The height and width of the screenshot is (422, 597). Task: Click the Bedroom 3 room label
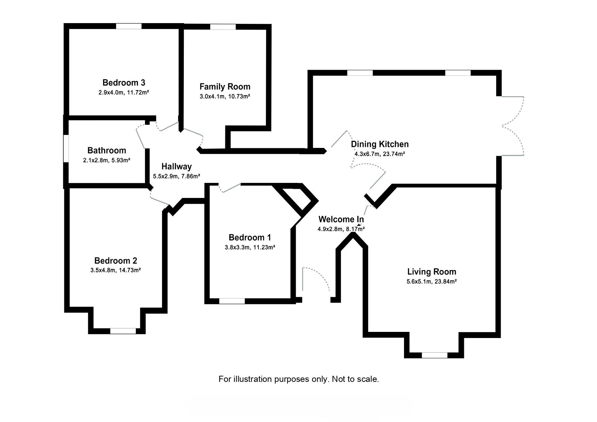(x=124, y=83)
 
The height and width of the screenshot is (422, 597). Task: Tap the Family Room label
(x=225, y=87)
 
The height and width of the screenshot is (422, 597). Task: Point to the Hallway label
(x=176, y=167)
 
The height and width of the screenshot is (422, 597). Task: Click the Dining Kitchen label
(x=380, y=144)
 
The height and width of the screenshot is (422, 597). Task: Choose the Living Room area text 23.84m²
(x=446, y=282)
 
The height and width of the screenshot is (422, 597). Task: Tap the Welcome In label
(x=341, y=219)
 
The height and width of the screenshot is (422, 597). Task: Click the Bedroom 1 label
(x=249, y=237)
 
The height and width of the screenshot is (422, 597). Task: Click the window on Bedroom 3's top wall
(x=129, y=26)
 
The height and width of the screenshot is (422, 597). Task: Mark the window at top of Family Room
(x=223, y=27)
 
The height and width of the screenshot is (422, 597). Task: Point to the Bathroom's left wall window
(x=66, y=148)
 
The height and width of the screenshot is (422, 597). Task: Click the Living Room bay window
(x=434, y=355)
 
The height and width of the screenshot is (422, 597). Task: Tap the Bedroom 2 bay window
(x=123, y=331)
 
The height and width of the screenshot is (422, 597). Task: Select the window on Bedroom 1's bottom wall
(x=232, y=301)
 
